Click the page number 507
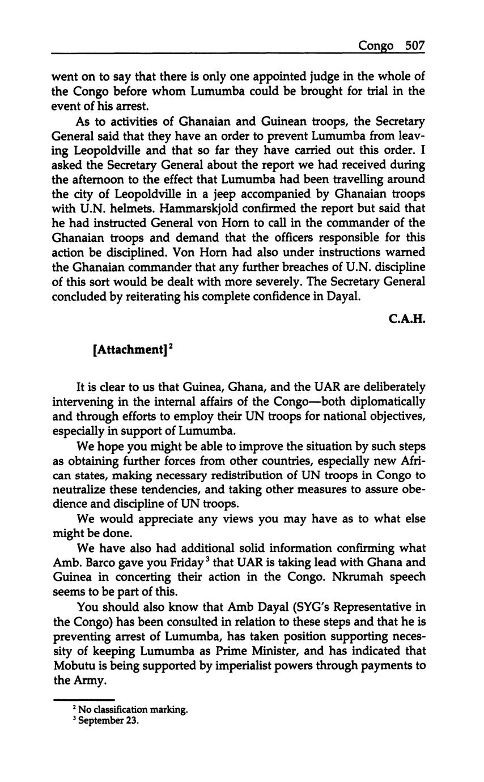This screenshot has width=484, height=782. [x=415, y=46]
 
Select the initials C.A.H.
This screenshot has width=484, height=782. [x=407, y=320]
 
